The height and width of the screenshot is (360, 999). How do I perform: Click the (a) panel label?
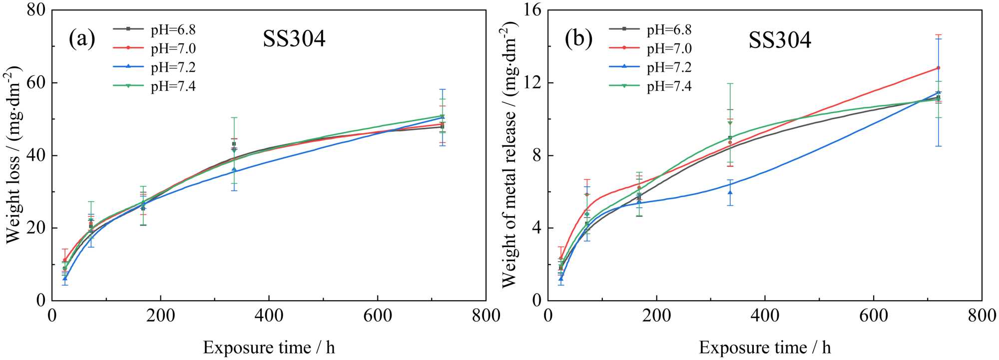(x=82, y=39)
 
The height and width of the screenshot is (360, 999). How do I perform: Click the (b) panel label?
(x=578, y=39)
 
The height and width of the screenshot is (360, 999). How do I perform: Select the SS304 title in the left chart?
(x=294, y=39)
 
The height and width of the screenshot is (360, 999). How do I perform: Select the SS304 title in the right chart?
(x=780, y=39)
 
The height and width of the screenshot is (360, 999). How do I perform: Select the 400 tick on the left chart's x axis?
(x=269, y=316)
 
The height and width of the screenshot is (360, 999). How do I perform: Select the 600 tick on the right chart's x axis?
(x=873, y=316)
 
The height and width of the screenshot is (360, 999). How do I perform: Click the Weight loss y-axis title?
(x=13, y=155)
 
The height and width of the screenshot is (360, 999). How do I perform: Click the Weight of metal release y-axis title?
(x=509, y=155)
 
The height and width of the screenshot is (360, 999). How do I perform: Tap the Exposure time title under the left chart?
(x=269, y=347)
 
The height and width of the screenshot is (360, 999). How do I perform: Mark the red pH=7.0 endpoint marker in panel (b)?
(x=938, y=68)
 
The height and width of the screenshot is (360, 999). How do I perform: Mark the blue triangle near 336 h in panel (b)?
(x=730, y=192)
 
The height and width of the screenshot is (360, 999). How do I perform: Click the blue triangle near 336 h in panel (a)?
(x=234, y=169)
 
